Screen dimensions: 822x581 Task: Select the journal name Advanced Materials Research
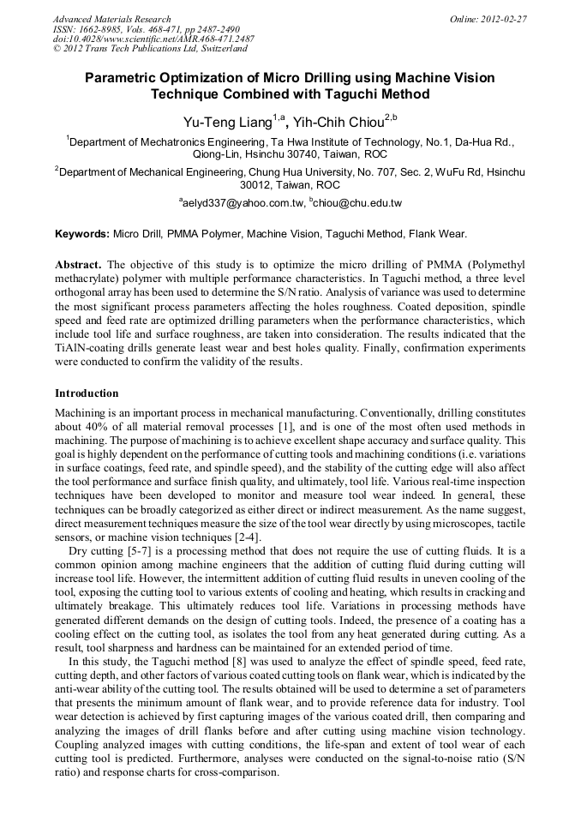(111, 19)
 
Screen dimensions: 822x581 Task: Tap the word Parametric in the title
(119, 78)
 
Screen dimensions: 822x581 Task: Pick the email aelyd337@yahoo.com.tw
(243, 203)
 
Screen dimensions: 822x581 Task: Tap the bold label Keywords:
(82, 233)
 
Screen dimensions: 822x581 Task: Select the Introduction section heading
(87, 393)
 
